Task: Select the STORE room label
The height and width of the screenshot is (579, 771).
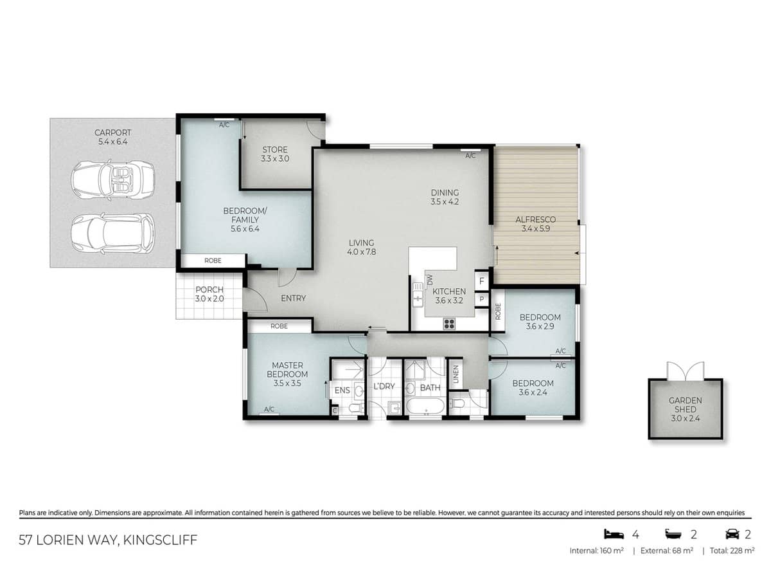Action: [x=274, y=154]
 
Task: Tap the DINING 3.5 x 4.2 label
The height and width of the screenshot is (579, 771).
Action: [x=445, y=197]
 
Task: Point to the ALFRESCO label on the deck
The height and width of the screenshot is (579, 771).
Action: [x=535, y=224]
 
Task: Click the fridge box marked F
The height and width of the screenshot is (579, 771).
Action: [x=481, y=280]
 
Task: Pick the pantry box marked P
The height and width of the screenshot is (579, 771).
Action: [x=481, y=299]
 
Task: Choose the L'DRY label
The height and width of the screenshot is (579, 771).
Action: [x=384, y=387]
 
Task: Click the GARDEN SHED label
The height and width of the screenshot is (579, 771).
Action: [x=685, y=405]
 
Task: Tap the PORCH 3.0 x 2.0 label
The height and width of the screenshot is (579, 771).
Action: [x=209, y=294]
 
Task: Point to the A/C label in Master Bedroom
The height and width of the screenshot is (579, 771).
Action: [x=269, y=409]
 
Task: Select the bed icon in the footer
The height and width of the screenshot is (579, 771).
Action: [x=614, y=534]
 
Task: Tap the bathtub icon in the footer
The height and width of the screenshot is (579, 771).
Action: [x=673, y=534]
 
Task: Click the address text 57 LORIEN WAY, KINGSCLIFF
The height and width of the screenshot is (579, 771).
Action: [x=108, y=539]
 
